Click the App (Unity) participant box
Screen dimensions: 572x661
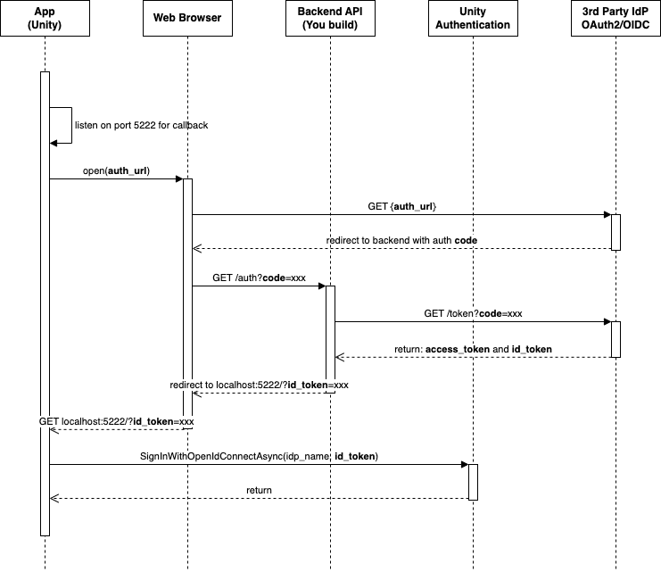[45, 19]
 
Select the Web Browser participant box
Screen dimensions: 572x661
[187, 19]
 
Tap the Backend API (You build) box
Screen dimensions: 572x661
[330, 19]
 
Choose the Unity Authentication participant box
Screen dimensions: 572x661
[473, 19]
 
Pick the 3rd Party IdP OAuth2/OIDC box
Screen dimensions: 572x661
[616, 19]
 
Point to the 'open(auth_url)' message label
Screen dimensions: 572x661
[116, 170]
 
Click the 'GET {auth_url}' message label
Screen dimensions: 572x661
[401, 206]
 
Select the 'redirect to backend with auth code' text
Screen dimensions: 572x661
[401, 242]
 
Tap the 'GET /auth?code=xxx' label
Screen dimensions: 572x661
[259, 278]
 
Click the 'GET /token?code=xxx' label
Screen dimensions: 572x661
[473, 313]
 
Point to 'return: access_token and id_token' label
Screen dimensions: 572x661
[473, 349]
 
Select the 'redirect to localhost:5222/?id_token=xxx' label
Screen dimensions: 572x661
[259, 385]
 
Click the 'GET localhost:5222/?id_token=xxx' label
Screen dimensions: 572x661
[117, 420]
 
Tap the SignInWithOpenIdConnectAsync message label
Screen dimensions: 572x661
[259, 456]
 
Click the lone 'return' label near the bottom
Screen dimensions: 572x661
[259, 490]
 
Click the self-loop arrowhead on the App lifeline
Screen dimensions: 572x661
[54, 143]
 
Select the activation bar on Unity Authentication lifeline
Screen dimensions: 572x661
[473, 482]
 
